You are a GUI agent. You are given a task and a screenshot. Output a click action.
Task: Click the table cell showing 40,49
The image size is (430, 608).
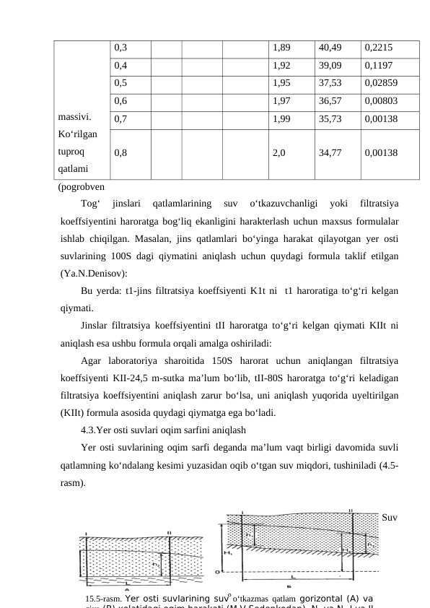pyautogui.click(x=328, y=48)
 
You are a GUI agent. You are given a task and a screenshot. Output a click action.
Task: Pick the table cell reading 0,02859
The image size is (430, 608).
pyautogui.click(x=381, y=82)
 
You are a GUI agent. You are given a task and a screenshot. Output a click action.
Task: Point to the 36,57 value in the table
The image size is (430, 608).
pyautogui.click(x=328, y=100)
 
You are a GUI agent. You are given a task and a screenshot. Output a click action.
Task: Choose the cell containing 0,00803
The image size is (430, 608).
pyautogui.click(x=381, y=100)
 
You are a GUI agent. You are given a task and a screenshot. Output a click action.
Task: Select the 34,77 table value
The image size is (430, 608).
pyautogui.click(x=328, y=153)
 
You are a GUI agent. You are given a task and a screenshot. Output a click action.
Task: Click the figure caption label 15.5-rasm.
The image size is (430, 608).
pyautogui.click(x=102, y=598)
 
